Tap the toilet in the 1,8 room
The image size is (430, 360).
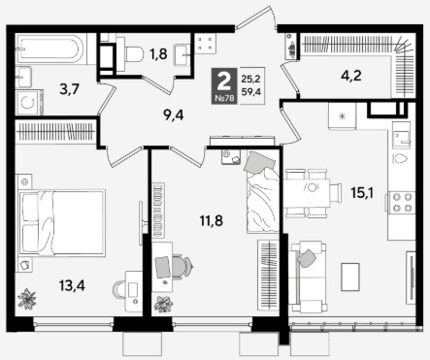[130, 54]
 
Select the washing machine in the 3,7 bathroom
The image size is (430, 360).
[29, 102]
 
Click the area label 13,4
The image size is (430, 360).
[72, 285]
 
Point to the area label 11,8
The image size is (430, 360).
[211, 221]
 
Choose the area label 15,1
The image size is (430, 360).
[362, 193]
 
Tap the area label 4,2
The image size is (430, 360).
[351, 76]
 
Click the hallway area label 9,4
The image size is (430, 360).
[174, 115]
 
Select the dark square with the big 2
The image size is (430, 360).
[224, 86]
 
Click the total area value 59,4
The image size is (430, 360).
[251, 92]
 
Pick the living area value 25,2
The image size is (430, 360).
[251, 79]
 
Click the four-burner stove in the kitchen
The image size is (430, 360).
[402, 202]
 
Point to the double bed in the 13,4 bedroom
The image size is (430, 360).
[62, 223]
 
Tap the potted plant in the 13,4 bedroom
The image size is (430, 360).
[26, 299]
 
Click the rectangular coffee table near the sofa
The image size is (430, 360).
[350, 277]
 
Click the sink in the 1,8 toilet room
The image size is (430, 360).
[182, 55]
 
